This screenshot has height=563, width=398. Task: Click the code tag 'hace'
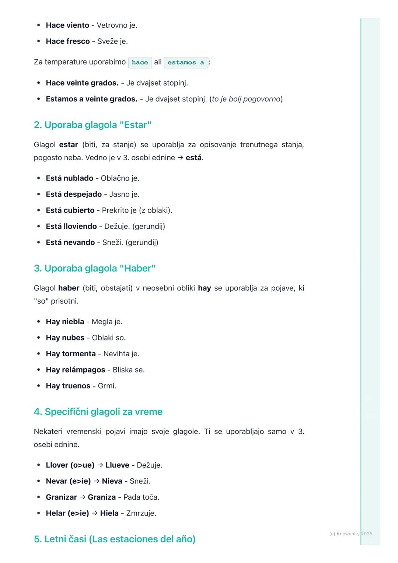140,62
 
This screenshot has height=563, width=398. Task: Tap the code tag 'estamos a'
186,62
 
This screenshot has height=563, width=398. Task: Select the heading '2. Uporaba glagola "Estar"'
92,125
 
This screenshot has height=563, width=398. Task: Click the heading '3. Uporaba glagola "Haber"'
95,268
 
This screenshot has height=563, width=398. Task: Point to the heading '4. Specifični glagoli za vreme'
98,412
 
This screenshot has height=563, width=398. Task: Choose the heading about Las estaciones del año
115,539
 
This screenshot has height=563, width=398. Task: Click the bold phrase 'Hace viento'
67,25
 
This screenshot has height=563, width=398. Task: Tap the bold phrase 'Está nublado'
69,178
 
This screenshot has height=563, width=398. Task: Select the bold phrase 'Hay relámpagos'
76,370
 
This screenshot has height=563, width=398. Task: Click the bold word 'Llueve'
117,465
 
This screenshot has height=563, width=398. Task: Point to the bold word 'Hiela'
109,513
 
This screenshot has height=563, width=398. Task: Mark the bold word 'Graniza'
102,497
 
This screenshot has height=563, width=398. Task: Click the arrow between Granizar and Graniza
82,497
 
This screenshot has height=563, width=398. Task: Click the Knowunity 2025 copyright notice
350,534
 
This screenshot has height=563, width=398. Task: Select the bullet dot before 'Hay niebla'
39,321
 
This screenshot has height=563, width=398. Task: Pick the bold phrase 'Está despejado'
74,194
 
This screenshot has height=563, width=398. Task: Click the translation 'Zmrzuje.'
141,513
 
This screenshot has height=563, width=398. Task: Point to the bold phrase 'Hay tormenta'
71,354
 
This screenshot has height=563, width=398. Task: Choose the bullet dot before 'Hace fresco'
39,41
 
